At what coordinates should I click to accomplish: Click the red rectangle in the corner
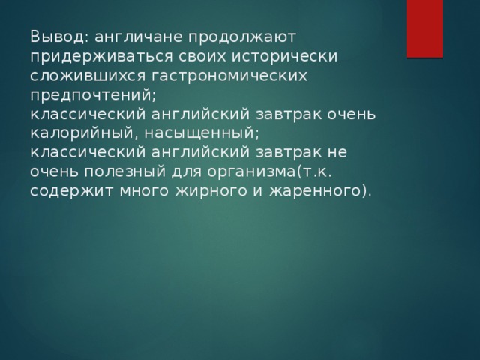[x=424, y=28]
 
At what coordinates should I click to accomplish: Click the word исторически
[x=284, y=58]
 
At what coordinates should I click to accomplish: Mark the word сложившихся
[x=88, y=76]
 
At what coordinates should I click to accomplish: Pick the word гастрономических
[x=229, y=76]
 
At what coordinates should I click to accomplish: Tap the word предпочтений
[x=93, y=96]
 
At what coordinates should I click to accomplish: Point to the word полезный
[x=125, y=172]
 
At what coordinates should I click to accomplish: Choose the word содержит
[x=72, y=191]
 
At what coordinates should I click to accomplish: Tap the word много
[x=144, y=191]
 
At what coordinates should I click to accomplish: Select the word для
[x=187, y=172]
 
